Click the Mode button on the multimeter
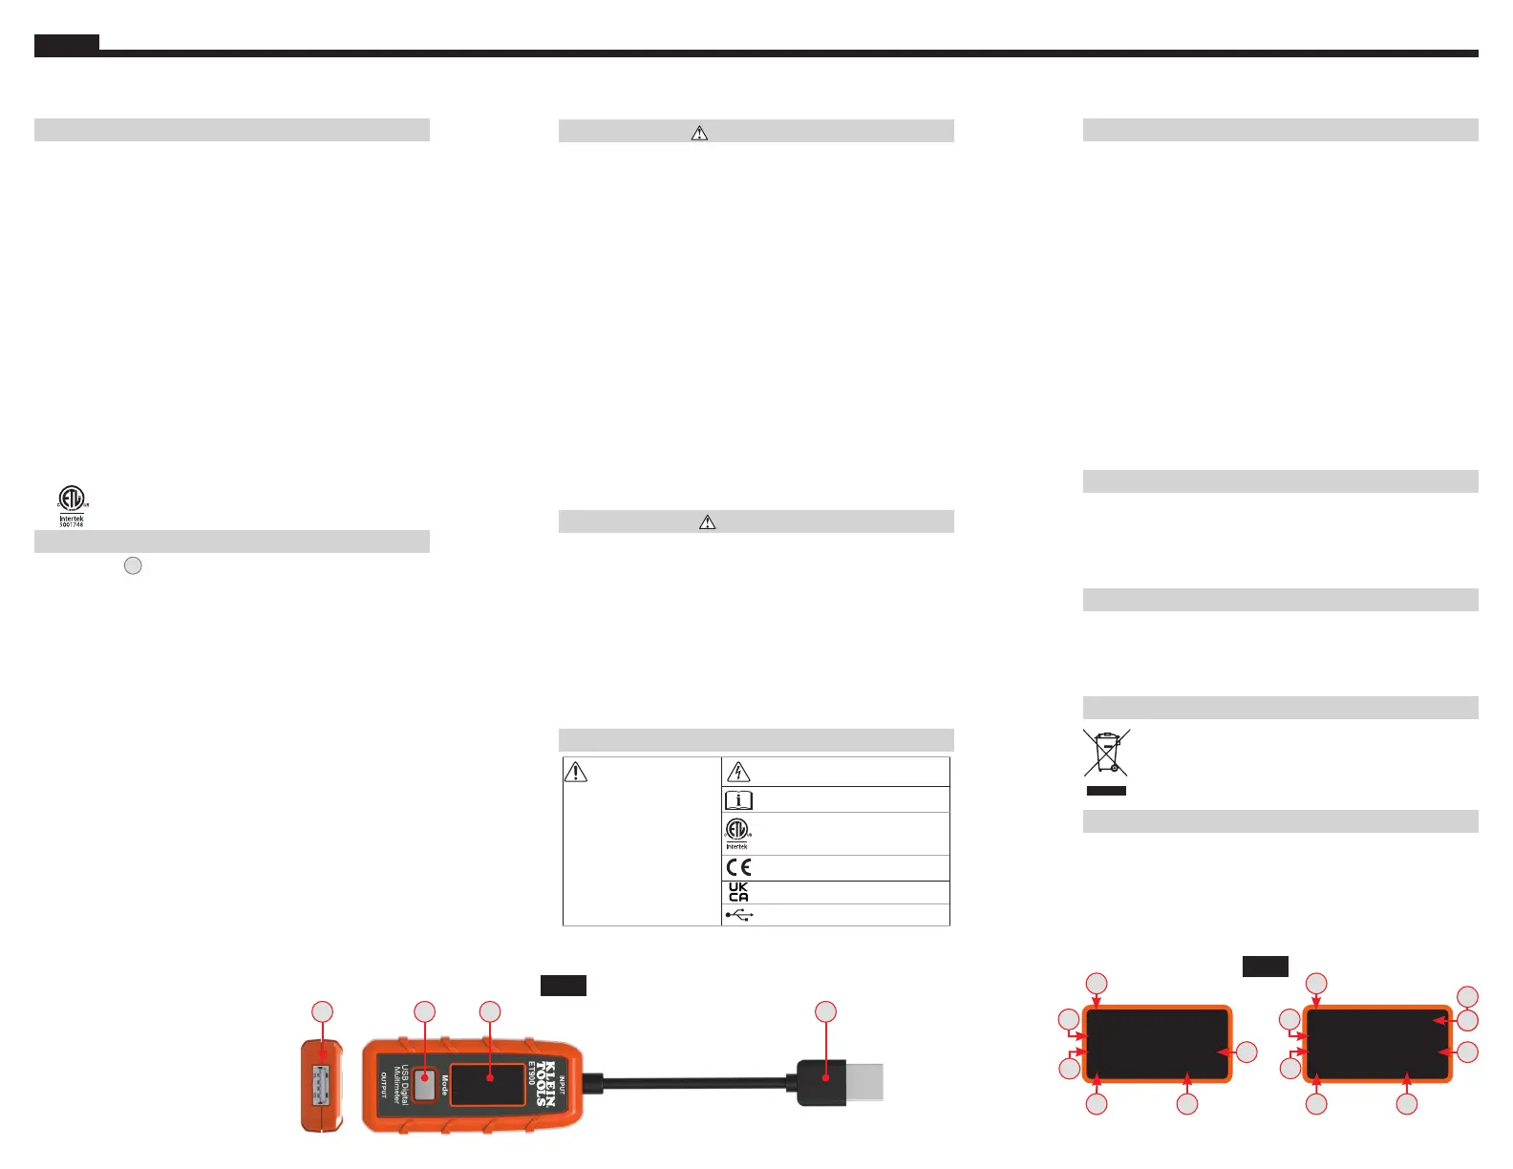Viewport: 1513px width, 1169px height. [425, 1086]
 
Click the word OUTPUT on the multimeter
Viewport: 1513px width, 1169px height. [383, 1085]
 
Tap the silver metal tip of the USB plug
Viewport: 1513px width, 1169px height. [864, 1082]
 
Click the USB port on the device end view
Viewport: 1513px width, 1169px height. [322, 1086]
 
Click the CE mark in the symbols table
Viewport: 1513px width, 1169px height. [738, 867]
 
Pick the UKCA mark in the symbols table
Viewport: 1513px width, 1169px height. [738, 892]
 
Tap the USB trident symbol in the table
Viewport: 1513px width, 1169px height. [739, 915]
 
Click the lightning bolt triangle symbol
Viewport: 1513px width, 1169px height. [738, 772]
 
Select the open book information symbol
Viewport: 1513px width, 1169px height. [738, 800]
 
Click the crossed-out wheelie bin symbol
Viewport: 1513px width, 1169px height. [1106, 753]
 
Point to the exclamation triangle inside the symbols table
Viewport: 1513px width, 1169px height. [576, 771]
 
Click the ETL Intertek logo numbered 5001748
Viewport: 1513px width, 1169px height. [72, 505]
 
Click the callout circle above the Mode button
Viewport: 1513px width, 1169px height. [424, 1011]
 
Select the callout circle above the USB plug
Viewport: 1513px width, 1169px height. [825, 1011]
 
